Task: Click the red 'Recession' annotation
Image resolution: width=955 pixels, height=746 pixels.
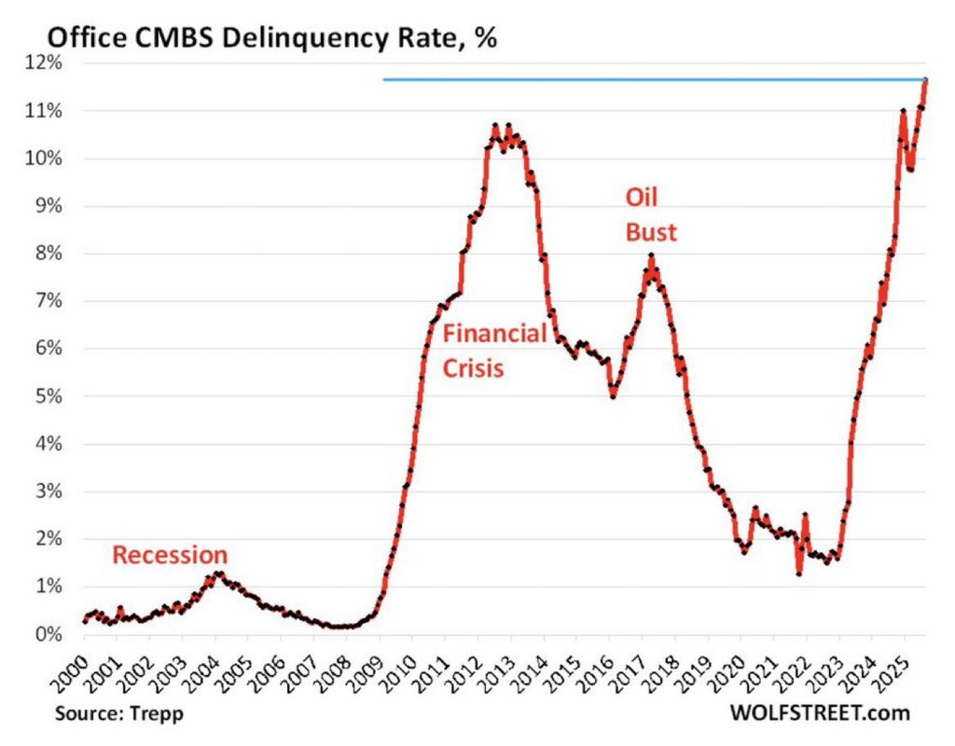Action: click(170, 556)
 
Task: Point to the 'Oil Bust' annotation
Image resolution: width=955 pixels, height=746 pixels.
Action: click(650, 215)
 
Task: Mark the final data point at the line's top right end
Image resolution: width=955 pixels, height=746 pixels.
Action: click(925, 80)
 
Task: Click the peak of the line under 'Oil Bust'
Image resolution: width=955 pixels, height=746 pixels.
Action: click(651, 256)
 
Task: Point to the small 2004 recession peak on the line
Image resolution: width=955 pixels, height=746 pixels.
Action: click(217, 573)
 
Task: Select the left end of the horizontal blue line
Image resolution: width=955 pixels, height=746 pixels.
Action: click(384, 80)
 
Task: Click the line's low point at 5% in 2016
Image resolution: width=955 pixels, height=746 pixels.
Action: click(612, 395)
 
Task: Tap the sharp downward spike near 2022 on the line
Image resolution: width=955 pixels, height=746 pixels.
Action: click(799, 573)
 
